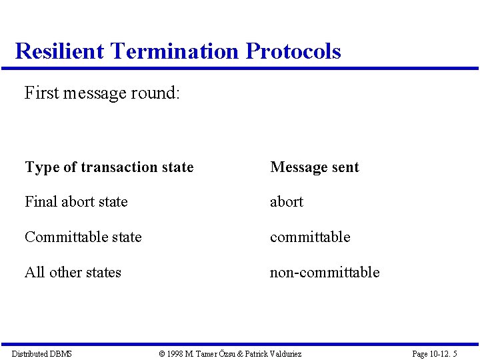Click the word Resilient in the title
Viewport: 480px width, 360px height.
pyautogui.click(x=59, y=51)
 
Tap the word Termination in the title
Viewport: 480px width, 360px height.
pyautogui.click(x=175, y=51)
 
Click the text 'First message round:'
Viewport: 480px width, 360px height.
pyautogui.click(x=102, y=93)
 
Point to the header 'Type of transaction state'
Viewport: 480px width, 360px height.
pyautogui.click(x=109, y=167)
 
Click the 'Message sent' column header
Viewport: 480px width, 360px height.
pyautogui.click(x=315, y=167)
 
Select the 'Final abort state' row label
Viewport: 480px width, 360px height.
pyautogui.click(x=76, y=201)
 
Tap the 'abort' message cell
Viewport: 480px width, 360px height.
pyautogui.click(x=287, y=201)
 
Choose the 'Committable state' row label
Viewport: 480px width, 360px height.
pyautogui.click(x=83, y=237)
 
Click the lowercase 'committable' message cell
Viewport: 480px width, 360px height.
pyautogui.click(x=310, y=237)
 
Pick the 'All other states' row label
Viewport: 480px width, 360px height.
pyautogui.click(x=73, y=272)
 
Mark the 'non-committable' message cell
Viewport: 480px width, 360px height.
pyautogui.click(x=325, y=272)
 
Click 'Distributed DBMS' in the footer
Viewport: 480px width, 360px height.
pyautogui.click(x=42, y=353)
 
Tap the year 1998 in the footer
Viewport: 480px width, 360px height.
pyautogui.click(x=176, y=353)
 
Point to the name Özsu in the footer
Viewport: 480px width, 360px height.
pyautogui.click(x=227, y=353)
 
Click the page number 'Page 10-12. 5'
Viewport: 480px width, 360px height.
pyautogui.click(x=435, y=353)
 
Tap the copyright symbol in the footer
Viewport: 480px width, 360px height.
pyautogui.click(x=162, y=353)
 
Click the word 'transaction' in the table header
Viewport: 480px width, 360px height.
pyautogui.click(x=118, y=167)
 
